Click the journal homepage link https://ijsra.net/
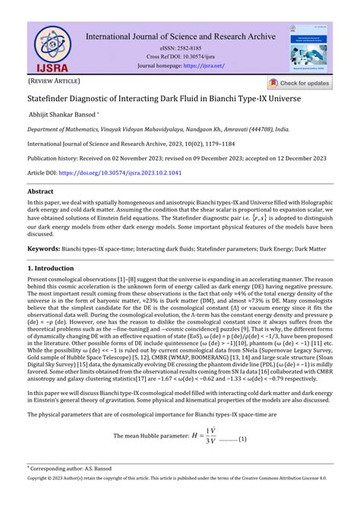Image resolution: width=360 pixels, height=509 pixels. pos(203,65)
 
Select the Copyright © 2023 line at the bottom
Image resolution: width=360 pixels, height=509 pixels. pos(179,501)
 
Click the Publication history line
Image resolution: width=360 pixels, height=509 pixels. pos(179,159)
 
